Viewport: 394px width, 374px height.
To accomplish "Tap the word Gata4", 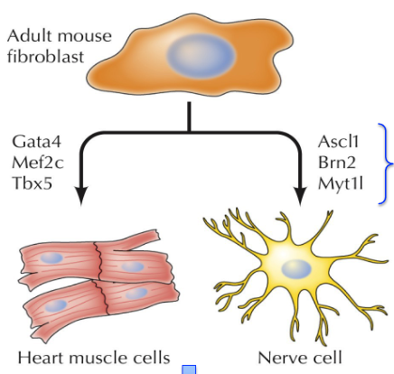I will coord(36,141).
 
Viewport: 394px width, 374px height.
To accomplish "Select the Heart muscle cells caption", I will coord(85,359).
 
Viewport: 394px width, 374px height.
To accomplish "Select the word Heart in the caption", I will coord(40,359).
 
